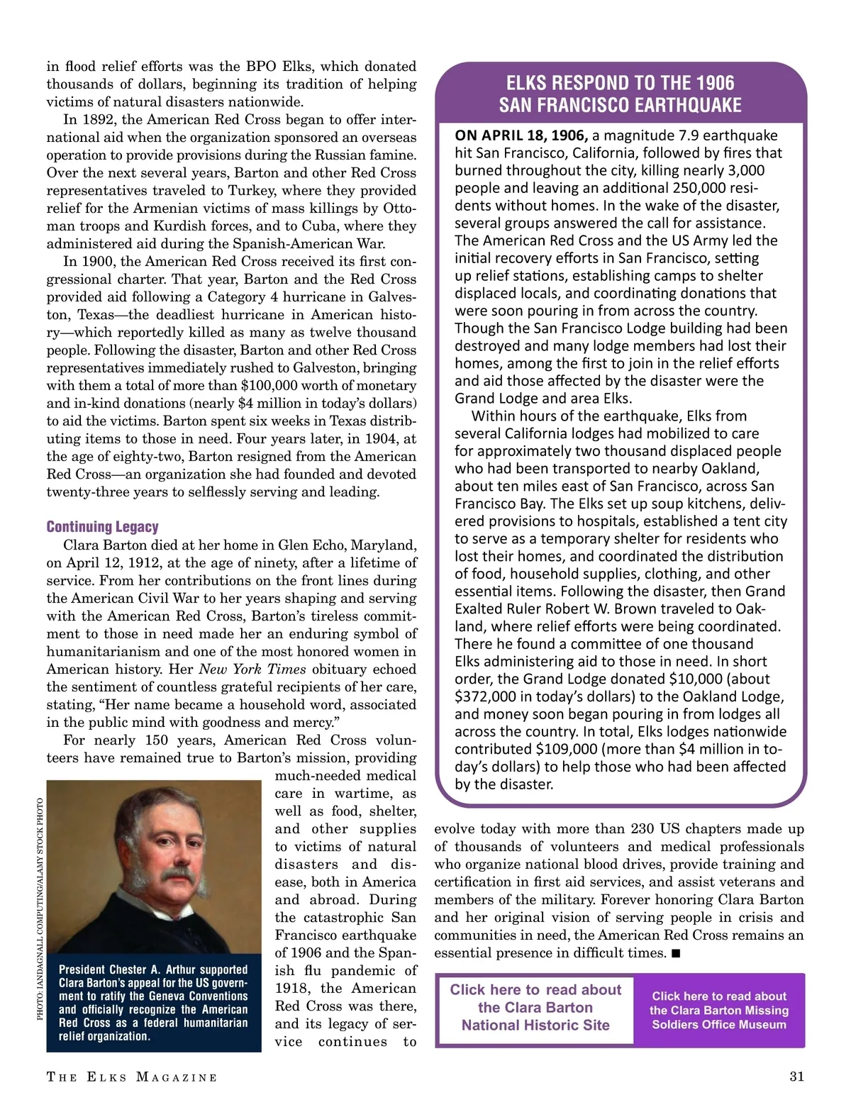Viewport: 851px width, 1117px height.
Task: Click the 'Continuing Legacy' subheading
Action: pyautogui.click(x=102, y=527)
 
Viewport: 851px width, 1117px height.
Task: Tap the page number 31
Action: pyautogui.click(x=796, y=1077)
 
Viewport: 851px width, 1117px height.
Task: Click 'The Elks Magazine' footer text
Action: pyautogui.click(x=132, y=1077)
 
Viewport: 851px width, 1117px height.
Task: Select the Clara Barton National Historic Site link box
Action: pyautogui.click(x=535, y=1007)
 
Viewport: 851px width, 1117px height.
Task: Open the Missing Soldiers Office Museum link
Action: pyautogui.click(x=719, y=1010)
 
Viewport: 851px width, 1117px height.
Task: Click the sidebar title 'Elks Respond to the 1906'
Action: pyautogui.click(x=621, y=83)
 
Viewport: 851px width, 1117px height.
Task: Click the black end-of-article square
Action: pyautogui.click(x=676, y=953)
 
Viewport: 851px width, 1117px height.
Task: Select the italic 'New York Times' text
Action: pyautogui.click(x=252, y=669)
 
